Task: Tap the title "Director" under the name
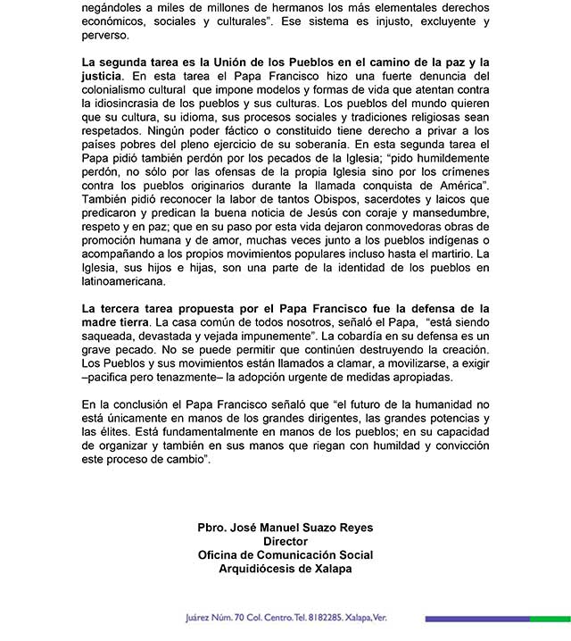(285, 541)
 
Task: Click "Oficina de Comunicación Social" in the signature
(285, 554)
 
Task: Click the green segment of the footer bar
(550, 619)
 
